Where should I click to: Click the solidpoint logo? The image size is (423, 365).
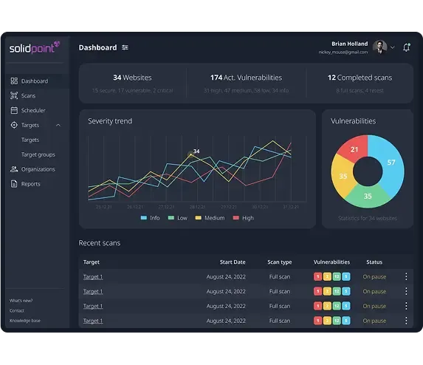34,48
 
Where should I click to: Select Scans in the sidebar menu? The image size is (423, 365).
28,96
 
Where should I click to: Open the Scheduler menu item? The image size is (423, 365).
32,111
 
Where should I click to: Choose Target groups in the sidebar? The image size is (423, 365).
38,154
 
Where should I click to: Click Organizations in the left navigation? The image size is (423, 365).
38,169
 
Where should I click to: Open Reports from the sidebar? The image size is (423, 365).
30,184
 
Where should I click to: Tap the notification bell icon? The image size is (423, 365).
406,47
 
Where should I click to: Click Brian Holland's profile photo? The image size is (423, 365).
380,47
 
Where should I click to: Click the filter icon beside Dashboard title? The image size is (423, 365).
125,47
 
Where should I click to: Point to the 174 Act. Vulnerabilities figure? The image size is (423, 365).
246,78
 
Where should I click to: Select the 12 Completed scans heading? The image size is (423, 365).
360,78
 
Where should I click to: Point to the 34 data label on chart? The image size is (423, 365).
196,151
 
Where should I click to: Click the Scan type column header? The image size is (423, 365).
279,262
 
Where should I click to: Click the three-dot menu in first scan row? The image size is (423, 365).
405,277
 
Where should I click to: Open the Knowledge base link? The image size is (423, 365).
25,321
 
